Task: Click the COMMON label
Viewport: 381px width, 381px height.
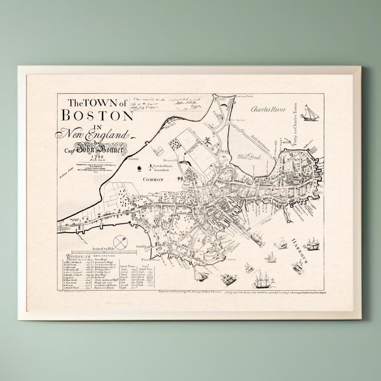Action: click(153, 180)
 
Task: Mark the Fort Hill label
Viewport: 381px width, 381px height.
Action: click(211, 256)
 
